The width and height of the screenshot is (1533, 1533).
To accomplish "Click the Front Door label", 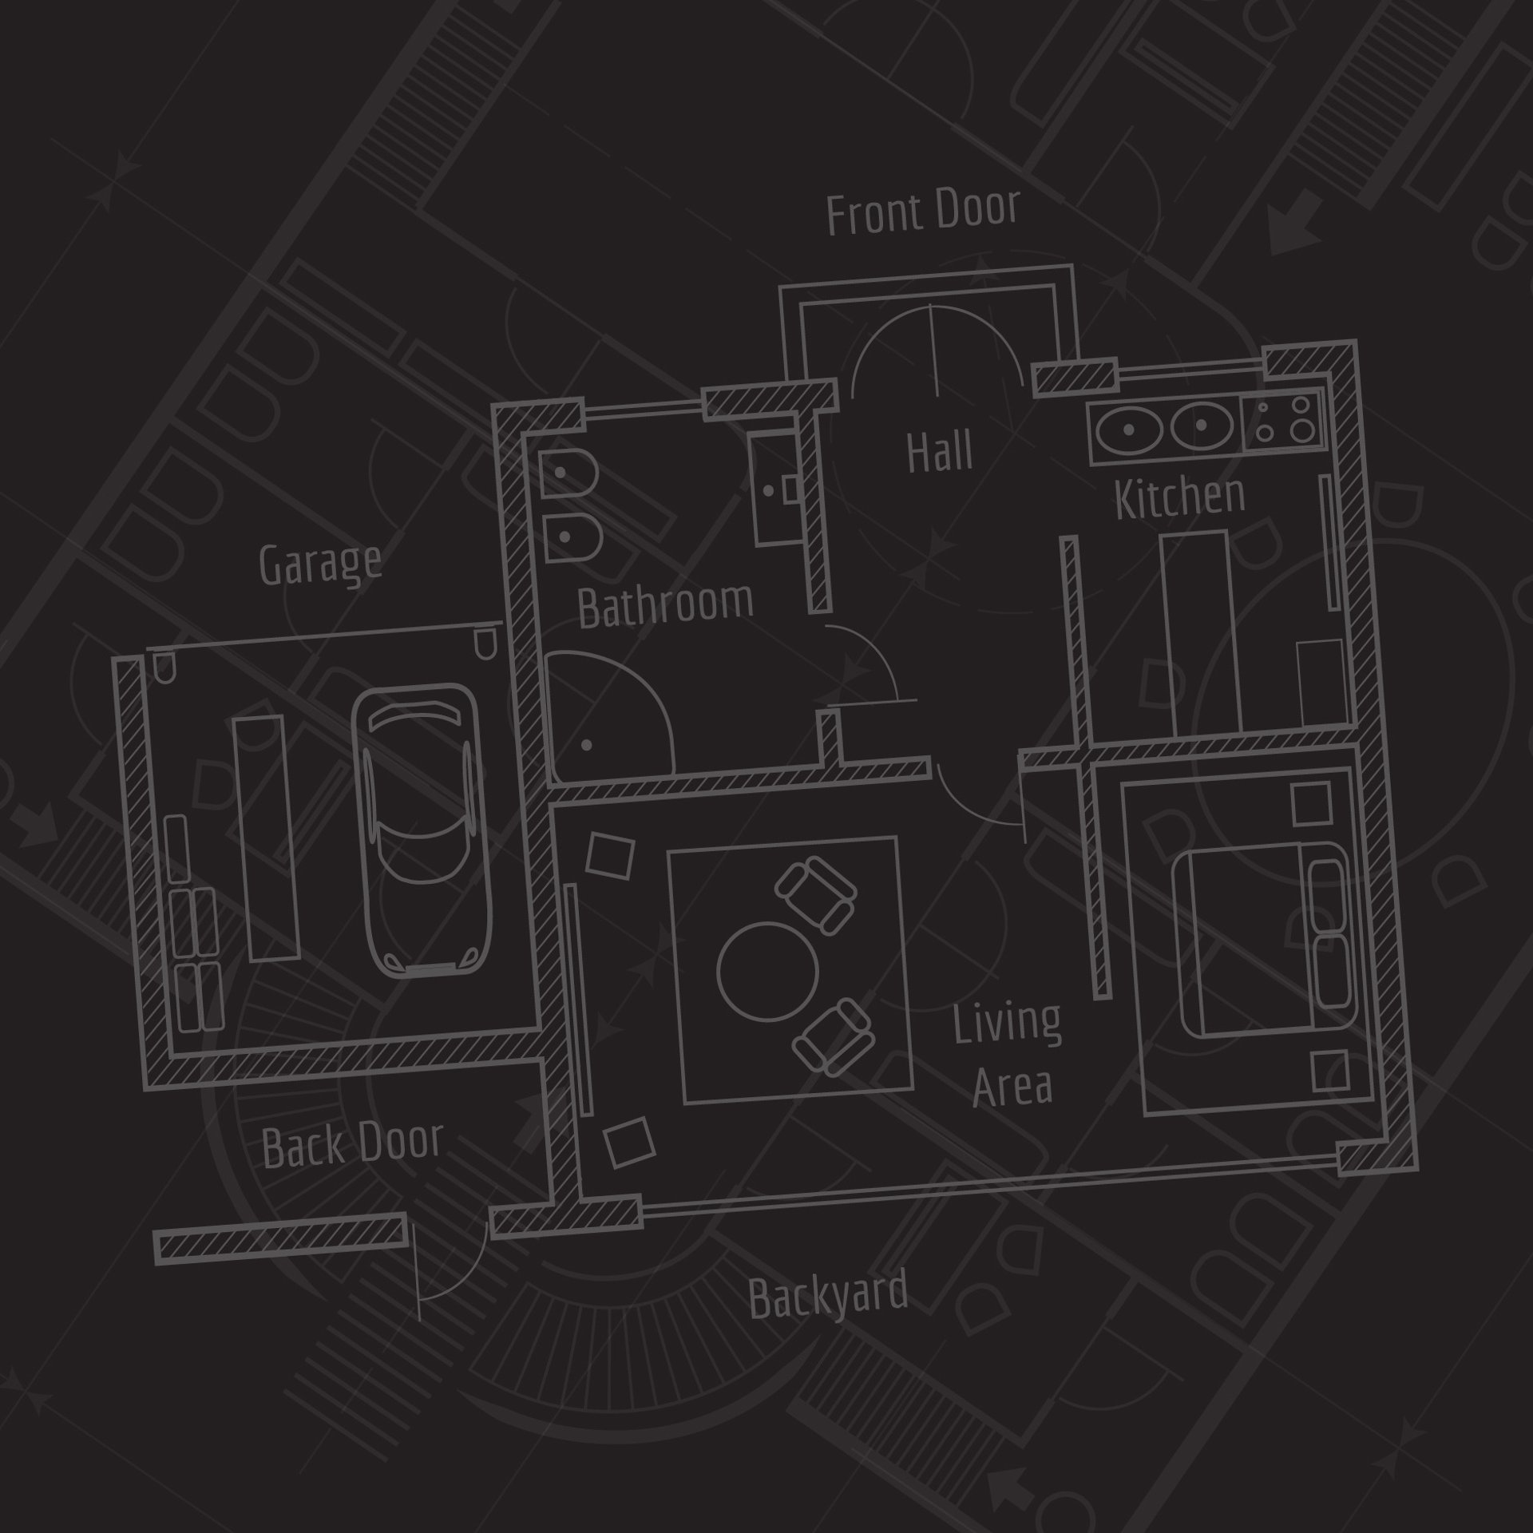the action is coord(923,212).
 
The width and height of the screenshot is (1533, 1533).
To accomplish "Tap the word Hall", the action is coord(940,451).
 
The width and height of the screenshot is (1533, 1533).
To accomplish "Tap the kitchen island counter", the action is coord(1202,631).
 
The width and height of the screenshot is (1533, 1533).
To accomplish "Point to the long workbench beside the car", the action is coord(266,838).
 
